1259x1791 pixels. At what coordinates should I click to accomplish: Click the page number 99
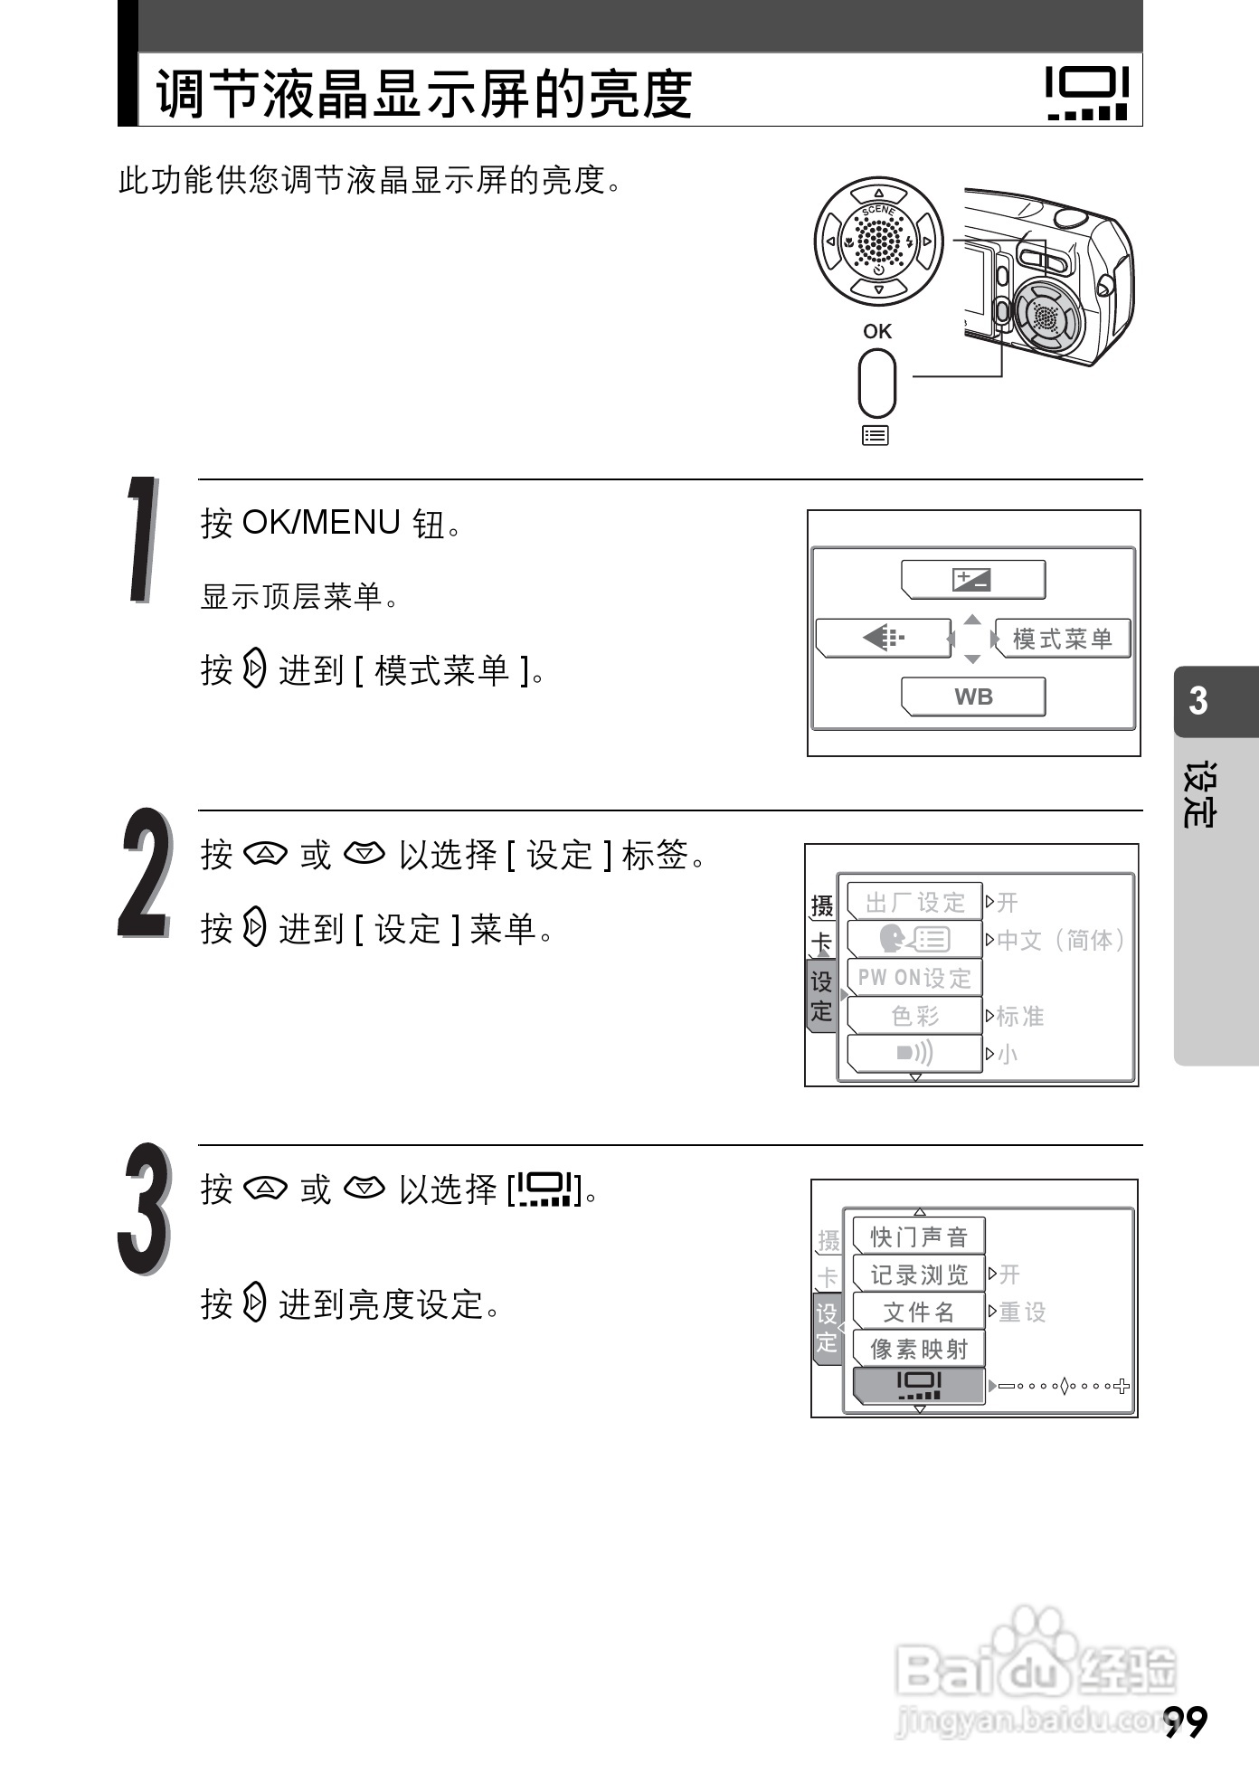[1186, 1722]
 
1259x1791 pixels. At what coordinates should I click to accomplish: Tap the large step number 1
[142, 540]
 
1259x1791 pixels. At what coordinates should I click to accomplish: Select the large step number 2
[145, 872]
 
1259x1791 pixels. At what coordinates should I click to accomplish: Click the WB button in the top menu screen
[973, 696]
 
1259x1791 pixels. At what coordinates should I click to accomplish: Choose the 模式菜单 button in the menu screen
[1062, 639]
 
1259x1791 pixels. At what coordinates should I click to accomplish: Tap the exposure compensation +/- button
[973, 580]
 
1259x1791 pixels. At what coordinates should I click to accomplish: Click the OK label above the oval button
[876, 331]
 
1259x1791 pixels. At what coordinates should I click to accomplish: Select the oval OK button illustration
[876, 383]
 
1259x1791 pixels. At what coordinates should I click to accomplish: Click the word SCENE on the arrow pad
[878, 210]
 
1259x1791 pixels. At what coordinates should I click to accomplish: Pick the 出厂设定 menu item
[915, 902]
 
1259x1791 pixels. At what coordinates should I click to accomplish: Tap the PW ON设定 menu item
[915, 978]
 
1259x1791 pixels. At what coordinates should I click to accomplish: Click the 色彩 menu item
[915, 1016]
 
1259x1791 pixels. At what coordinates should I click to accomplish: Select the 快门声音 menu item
[919, 1237]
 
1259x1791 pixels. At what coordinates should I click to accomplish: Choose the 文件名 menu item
[919, 1312]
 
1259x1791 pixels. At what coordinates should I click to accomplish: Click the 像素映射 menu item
[919, 1349]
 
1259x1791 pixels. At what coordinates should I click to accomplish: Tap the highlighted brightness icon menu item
[919, 1385]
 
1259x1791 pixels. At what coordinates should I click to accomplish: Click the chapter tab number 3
[1198, 701]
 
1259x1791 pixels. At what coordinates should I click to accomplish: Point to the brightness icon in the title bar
[1087, 92]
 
